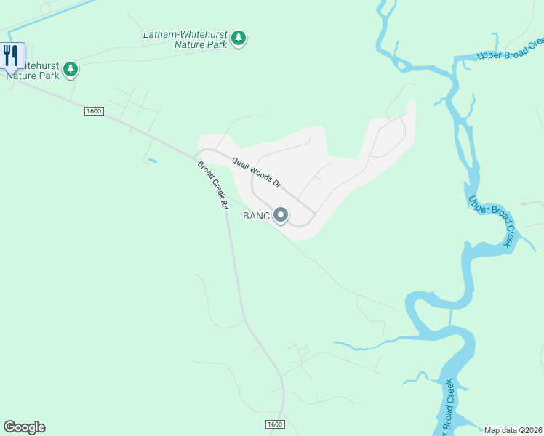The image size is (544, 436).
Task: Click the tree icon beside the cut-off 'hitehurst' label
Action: (x=70, y=70)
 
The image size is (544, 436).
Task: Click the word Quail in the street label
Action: (x=241, y=164)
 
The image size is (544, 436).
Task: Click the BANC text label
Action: (x=256, y=215)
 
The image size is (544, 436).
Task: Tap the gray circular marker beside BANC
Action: (x=281, y=215)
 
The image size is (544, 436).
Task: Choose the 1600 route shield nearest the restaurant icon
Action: (x=94, y=110)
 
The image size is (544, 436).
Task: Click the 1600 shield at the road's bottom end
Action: (x=274, y=424)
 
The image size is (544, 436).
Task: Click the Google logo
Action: (x=24, y=427)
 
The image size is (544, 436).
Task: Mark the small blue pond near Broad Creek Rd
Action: (x=151, y=160)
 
